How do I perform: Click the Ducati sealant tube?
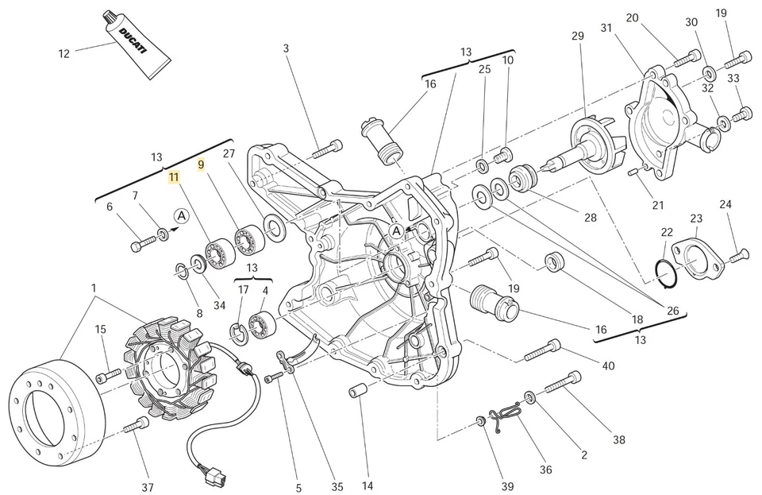click(136, 45)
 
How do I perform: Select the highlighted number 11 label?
click(173, 178)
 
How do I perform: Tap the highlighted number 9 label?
click(201, 164)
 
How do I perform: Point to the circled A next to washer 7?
click(182, 215)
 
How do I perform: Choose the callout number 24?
click(725, 204)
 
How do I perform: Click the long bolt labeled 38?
click(565, 384)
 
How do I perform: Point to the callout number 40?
click(608, 365)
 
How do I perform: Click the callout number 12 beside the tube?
click(64, 54)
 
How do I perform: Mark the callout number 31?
click(606, 29)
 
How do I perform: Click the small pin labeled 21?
click(633, 172)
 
